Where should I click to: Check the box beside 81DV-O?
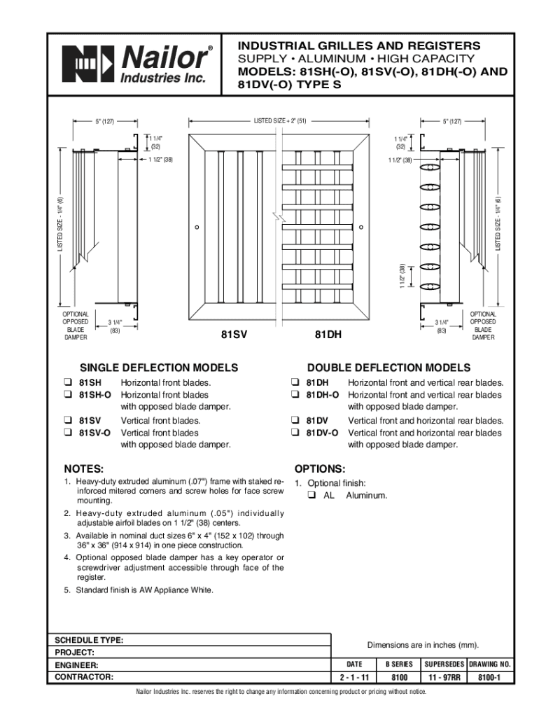coord(296,433)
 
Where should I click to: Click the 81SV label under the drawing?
coord(234,335)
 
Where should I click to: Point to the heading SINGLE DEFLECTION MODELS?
coord(159,368)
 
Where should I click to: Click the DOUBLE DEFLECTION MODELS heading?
coord(389,368)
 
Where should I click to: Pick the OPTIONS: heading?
coord(320,468)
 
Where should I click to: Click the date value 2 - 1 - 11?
coord(354,678)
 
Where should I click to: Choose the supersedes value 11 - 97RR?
coord(444,678)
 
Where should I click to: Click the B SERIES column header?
coord(399,664)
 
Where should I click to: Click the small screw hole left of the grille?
coord(198,227)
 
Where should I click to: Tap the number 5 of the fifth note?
coord(66,590)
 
